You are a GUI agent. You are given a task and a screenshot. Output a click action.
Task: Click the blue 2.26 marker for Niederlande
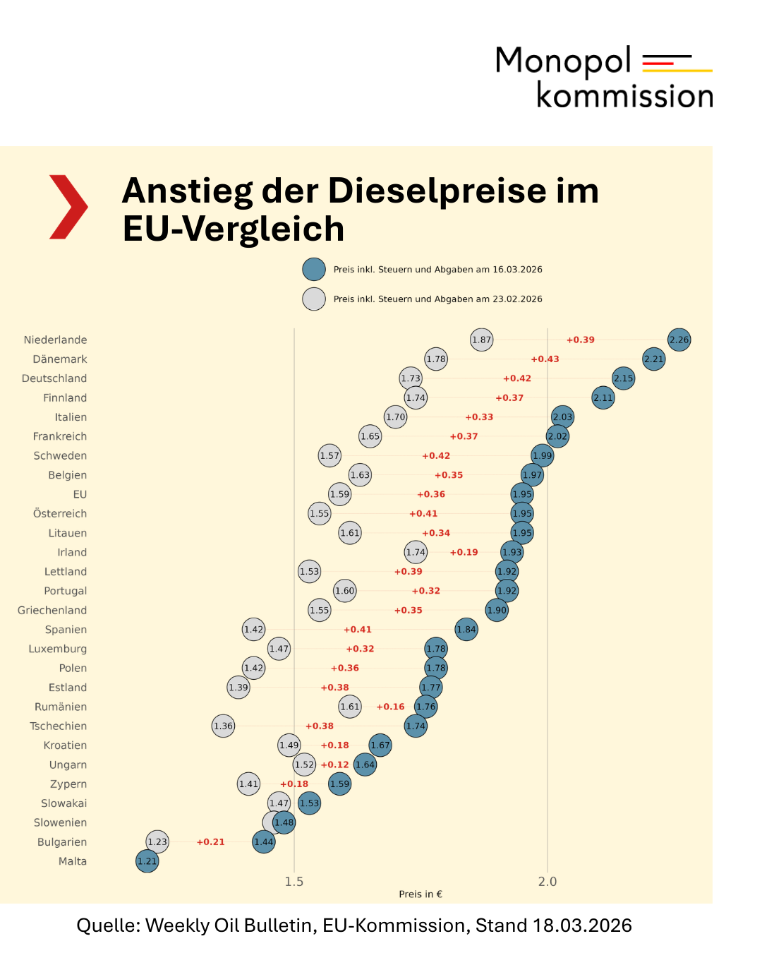[679, 340]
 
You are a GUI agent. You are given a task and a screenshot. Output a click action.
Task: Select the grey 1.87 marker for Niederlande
[481, 340]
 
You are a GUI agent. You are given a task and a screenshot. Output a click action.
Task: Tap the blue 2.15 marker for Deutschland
[623, 378]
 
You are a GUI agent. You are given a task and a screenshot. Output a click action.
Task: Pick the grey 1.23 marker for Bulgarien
[157, 841]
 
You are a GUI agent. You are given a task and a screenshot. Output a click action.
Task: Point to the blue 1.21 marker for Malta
[147, 861]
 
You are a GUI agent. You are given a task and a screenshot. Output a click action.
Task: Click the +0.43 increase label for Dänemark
[545, 359]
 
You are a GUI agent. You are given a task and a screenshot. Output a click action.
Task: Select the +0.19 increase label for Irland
[464, 552]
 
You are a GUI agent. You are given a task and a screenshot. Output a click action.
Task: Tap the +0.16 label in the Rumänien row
[390, 707]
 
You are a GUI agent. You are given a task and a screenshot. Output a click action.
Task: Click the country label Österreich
[60, 514]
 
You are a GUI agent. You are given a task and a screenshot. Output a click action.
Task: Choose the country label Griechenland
[52, 610]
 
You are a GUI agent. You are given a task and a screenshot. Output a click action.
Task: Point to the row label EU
[80, 494]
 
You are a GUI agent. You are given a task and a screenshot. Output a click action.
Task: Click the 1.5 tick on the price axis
[294, 882]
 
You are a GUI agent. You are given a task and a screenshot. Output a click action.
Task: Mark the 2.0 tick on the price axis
[548, 882]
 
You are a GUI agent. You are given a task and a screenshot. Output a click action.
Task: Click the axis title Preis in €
[421, 894]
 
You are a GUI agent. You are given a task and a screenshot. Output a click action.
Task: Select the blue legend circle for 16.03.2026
[314, 270]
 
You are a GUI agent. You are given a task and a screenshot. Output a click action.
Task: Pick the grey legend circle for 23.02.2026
[314, 299]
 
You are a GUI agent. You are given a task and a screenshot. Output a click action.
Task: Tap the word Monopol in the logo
[563, 61]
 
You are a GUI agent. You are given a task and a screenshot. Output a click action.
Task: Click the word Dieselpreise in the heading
[437, 191]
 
